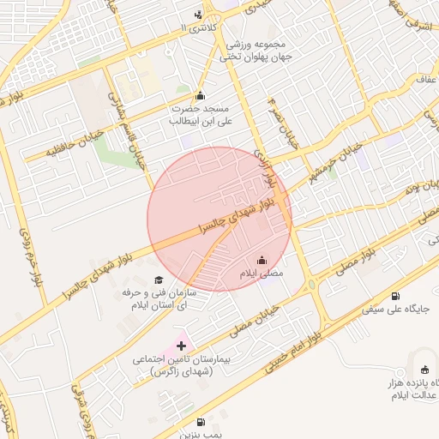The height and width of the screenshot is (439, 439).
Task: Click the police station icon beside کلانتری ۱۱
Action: (x=199, y=14)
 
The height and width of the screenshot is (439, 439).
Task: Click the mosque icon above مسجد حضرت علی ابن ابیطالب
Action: (x=201, y=95)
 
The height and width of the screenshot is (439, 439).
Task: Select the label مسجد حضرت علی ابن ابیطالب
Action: (x=199, y=115)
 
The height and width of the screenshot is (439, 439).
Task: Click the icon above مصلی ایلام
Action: (x=262, y=260)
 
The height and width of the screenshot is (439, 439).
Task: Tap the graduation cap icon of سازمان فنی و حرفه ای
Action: (x=159, y=280)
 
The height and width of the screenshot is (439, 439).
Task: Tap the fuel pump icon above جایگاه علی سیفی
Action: (x=394, y=295)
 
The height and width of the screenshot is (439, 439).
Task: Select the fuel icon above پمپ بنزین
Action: (x=201, y=421)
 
